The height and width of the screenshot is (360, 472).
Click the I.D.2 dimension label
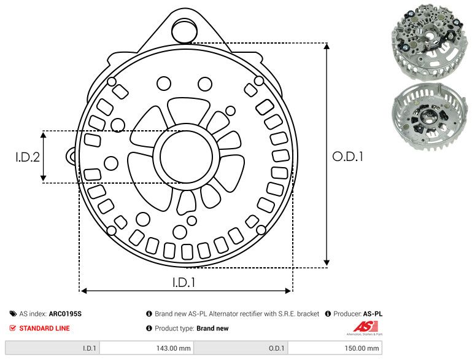click(28, 157)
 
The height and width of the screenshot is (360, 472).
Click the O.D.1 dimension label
click(348, 157)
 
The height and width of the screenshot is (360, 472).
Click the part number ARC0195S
click(65, 314)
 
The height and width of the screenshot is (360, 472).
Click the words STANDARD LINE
click(44, 328)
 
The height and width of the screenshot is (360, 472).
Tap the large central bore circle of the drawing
click(184, 157)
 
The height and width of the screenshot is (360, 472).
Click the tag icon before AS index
click(13, 314)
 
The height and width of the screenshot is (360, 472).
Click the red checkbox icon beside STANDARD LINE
click(13, 328)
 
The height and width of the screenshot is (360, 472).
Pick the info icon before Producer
click(328, 314)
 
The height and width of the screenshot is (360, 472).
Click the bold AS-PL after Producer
click(372, 314)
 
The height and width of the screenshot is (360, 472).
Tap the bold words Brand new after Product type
click(212, 328)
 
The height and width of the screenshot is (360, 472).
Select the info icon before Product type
click(149, 328)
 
